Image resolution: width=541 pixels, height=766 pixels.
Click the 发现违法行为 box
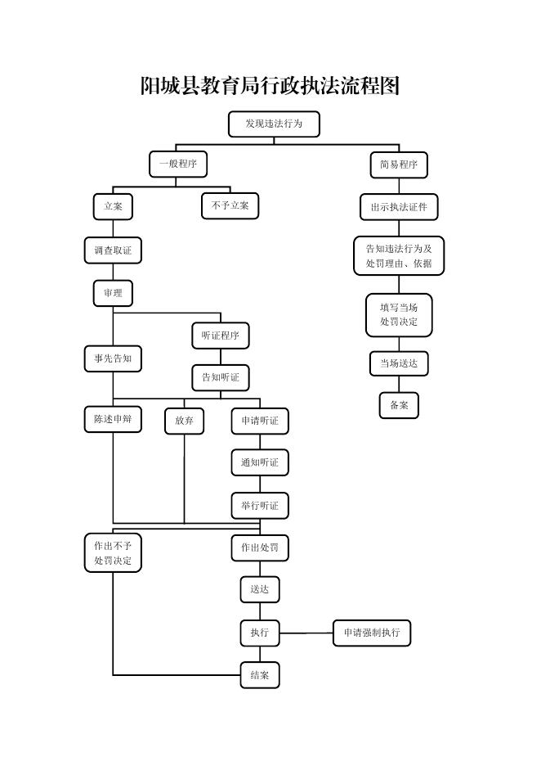tap(274, 124)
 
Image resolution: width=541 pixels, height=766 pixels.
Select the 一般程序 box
tap(178, 164)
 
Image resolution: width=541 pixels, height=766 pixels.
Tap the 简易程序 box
tap(399, 165)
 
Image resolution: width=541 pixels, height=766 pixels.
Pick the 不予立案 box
tap(230, 206)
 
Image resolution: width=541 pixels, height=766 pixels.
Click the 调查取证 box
tap(113, 250)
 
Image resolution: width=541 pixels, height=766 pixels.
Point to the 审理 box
tap(113, 293)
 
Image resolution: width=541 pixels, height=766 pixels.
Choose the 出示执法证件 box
tap(399, 207)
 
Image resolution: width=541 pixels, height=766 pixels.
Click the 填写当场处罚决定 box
tap(399, 315)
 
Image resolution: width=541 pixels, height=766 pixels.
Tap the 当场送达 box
tap(399, 363)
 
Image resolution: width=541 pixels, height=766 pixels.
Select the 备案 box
tap(399, 405)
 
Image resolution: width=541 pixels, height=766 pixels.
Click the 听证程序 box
tap(221, 336)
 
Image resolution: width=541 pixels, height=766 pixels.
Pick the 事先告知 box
tap(113, 358)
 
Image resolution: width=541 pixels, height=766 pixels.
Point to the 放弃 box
tap(184, 421)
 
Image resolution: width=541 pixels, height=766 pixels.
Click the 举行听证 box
tap(260, 506)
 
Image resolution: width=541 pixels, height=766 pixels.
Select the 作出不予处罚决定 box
tap(113, 553)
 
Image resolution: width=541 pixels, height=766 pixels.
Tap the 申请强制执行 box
tap(372, 633)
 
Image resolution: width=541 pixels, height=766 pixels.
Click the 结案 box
tap(260, 676)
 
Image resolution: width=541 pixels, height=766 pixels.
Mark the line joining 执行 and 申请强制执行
tap(306, 633)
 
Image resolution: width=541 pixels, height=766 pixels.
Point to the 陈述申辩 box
tap(113, 420)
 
